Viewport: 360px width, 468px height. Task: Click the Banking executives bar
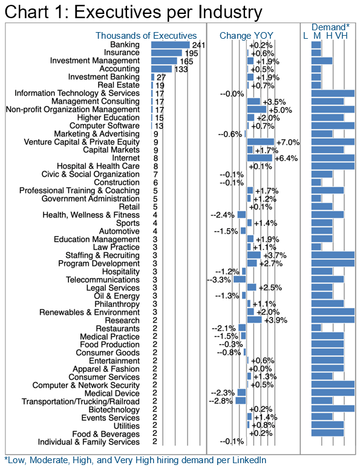point(170,45)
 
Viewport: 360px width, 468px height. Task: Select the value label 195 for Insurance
point(191,53)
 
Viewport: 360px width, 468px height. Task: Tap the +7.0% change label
point(288,142)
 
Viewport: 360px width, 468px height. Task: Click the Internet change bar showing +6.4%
point(260,158)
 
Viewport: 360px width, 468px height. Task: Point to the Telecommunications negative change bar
point(240,279)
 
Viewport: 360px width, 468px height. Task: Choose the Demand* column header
point(330,27)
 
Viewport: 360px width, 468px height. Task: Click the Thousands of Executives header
point(146,36)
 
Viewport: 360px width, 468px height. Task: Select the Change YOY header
point(246,36)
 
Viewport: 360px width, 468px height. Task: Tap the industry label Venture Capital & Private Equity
point(82,142)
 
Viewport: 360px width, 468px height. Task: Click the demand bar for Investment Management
point(322,61)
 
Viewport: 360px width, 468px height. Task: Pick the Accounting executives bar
point(162,69)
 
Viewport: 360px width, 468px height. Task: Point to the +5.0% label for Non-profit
point(280,110)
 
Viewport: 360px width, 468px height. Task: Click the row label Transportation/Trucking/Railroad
point(80,401)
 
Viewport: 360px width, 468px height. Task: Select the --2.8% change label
point(221,401)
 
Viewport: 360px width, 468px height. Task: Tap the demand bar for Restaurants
point(316,328)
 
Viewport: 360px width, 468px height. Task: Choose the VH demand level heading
point(341,36)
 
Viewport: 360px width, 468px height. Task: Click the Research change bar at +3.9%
point(254,320)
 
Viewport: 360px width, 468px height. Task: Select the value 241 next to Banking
point(198,45)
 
